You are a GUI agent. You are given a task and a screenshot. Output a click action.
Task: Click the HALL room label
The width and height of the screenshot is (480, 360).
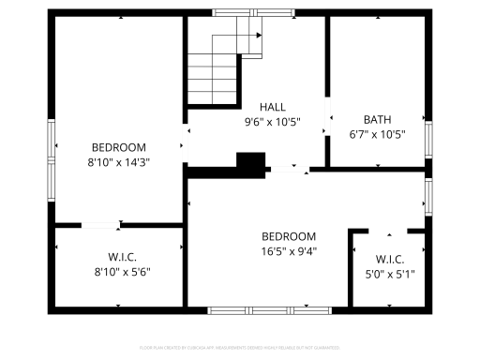click(x=273, y=107)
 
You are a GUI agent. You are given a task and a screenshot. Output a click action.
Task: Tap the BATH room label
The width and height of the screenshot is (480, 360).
click(x=377, y=119)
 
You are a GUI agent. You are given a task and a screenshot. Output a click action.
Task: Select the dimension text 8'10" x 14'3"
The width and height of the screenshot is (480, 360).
click(x=118, y=161)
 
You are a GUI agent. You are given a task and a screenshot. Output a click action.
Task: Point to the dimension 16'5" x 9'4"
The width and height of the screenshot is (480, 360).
click(x=289, y=250)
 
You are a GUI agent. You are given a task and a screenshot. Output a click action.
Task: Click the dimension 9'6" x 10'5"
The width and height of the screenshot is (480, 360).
click(x=273, y=122)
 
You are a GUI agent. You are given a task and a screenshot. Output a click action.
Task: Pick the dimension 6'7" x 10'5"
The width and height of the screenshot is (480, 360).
click(x=377, y=134)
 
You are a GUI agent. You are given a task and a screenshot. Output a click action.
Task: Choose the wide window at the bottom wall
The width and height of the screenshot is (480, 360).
click(x=258, y=309)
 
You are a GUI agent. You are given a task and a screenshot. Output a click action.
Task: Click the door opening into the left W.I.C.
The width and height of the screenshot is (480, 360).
click(x=100, y=225)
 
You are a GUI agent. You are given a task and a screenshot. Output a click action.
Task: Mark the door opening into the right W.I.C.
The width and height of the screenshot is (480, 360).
click(x=390, y=230)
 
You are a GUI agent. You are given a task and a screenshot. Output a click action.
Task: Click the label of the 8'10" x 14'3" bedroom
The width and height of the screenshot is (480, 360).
click(x=118, y=147)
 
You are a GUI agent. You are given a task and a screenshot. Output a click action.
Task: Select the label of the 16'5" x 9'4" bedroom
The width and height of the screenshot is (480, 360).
click(x=289, y=236)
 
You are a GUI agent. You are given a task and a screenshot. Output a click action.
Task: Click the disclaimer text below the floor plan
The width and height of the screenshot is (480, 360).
click(x=239, y=347)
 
